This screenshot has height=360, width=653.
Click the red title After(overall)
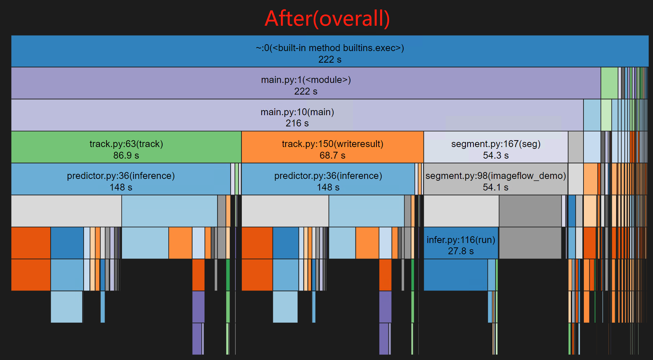327,19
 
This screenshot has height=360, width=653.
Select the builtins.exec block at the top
329,51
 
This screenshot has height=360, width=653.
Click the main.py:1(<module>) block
306,83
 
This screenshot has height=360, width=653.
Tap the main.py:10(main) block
297,115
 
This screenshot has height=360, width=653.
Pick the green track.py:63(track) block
126,147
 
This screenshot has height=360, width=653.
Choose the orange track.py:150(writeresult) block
332,147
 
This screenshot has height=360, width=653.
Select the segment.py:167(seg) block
496,147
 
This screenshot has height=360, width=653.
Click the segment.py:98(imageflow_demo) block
496,179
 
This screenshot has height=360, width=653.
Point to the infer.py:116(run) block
461,243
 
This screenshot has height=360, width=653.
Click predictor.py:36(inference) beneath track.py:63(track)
121,179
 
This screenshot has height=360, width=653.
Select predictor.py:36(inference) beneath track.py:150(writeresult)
328,179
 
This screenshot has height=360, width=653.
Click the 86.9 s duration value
126,156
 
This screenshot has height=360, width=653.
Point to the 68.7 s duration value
332,156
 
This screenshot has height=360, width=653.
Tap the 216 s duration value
297,124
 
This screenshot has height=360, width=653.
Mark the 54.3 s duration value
496,156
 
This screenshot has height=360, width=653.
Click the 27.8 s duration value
461,251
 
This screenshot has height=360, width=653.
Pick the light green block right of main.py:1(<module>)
609,83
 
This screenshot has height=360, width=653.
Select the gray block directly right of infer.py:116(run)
530,243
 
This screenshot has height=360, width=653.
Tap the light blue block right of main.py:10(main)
592,115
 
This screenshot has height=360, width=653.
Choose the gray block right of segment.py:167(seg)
576,147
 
